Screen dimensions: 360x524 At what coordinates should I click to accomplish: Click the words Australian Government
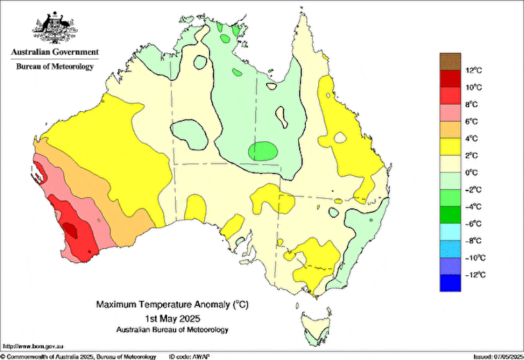[x=54, y=51]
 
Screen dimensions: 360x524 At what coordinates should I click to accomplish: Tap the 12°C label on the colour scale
[x=474, y=70]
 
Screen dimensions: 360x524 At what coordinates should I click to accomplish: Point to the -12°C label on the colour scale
[x=475, y=275]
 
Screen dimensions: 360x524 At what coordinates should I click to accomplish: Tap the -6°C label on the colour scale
[x=475, y=223]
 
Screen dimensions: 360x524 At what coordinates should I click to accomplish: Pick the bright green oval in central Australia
[x=263, y=151]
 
